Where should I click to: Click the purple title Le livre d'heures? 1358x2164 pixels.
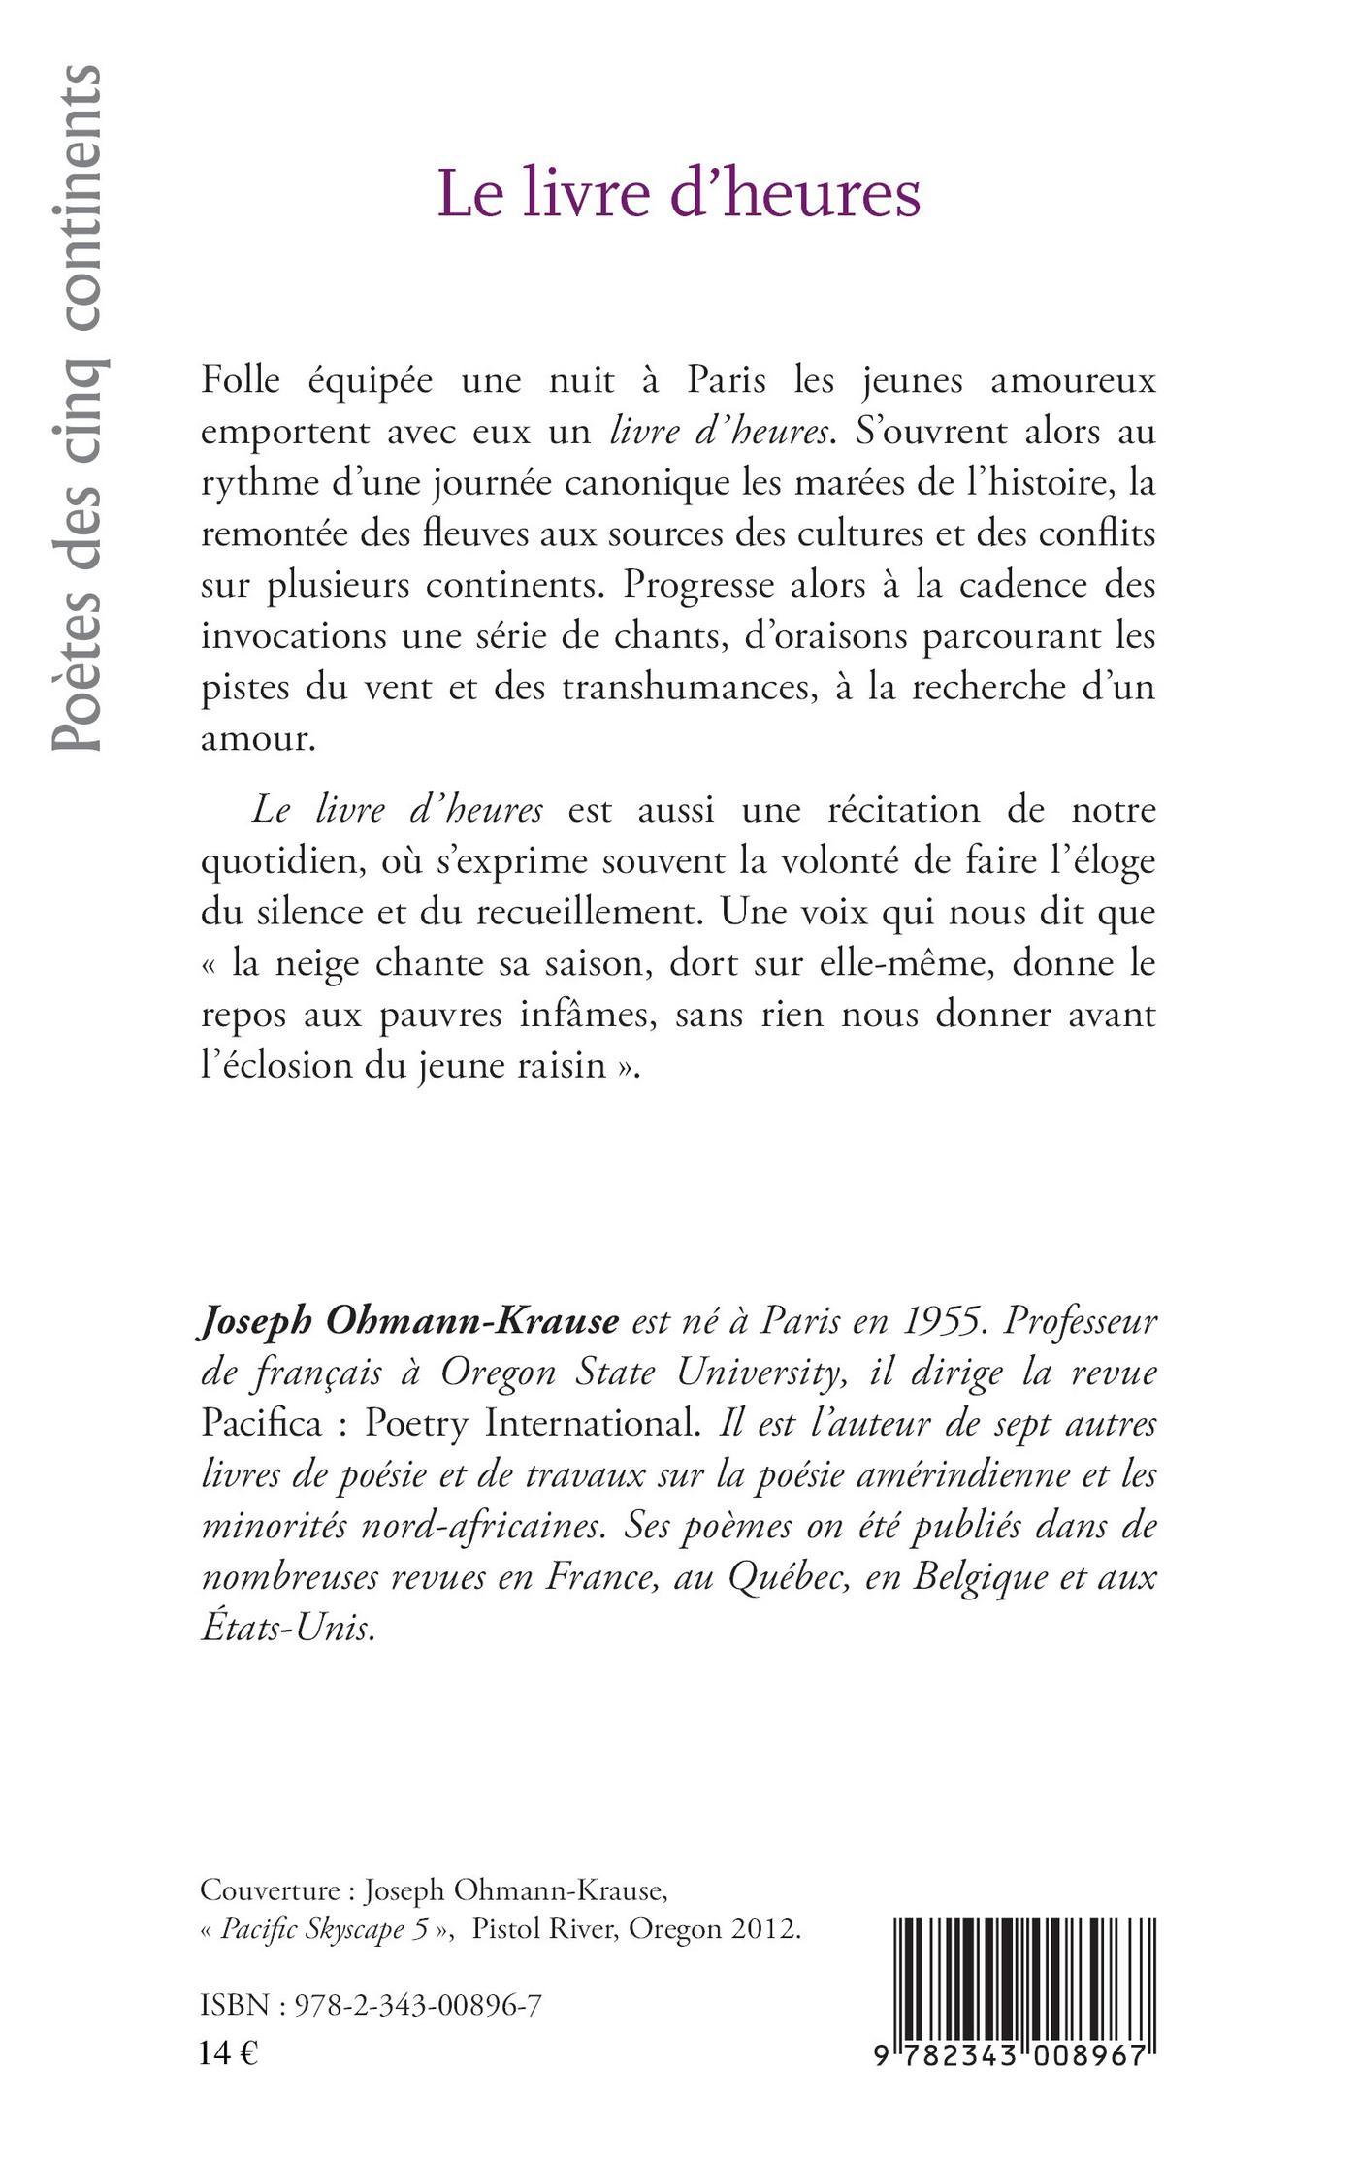click(x=679, y=194)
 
